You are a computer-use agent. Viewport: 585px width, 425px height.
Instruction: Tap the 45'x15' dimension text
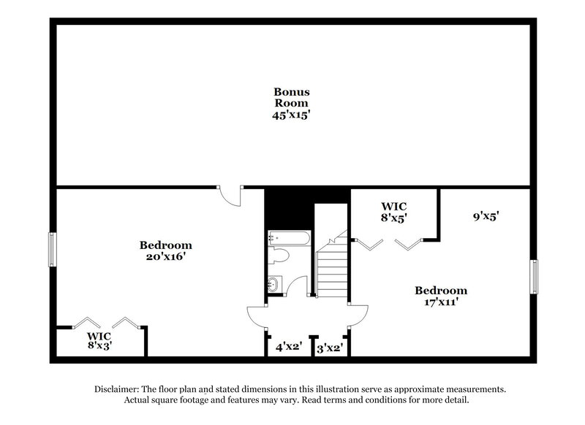click(x=292, y=115)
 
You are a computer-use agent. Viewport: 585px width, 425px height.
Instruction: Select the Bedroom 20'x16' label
click(x=166, y=250)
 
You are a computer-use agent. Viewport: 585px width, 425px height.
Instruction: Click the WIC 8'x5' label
click(x=393, y=212)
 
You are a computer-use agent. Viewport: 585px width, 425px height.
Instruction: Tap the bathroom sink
click(x=274, y=283)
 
